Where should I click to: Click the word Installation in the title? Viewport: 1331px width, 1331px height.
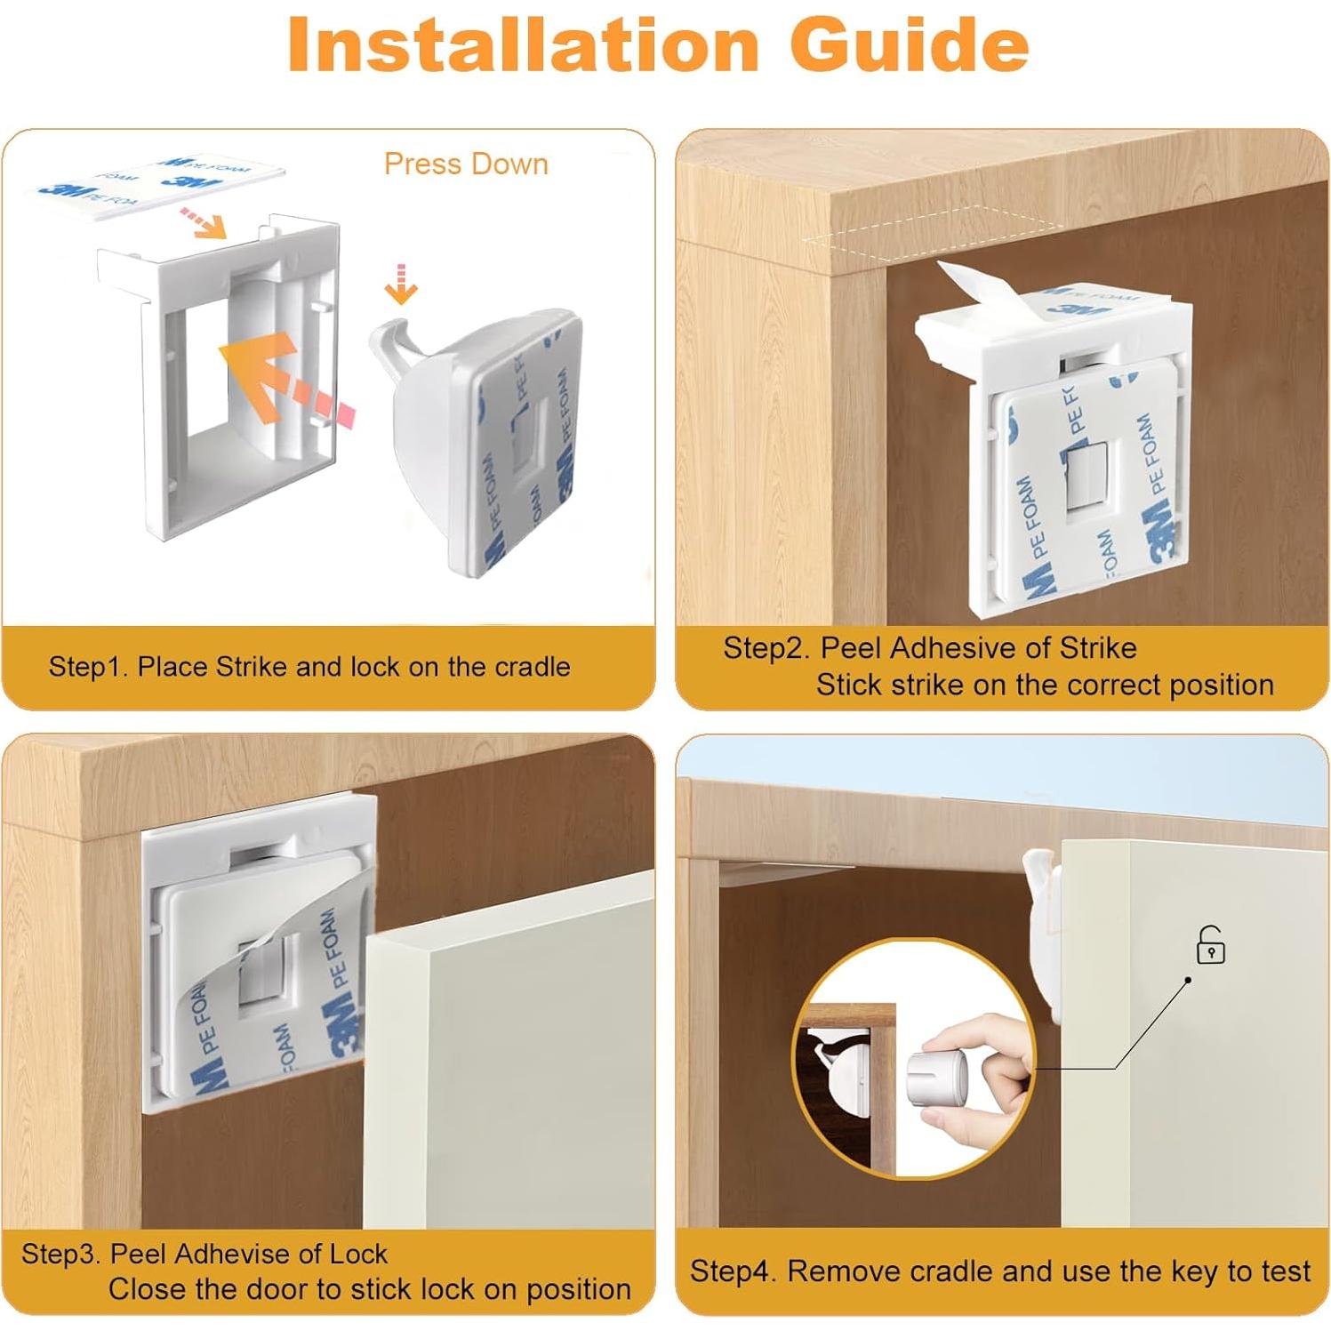pyautogui.click(x=523, y=44)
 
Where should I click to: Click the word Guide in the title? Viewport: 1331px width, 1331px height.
pyautogui.click(x=910, y=44)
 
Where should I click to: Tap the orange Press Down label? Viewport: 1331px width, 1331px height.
pyautogui.click(x=466, y=164)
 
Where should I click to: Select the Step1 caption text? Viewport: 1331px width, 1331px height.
pyautogui.click(x=309, y=666)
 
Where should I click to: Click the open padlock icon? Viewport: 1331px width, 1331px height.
pyautogui.click(x=1210, y=944)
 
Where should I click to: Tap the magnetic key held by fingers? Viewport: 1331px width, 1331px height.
pyautogui.click(x=934, y=1076)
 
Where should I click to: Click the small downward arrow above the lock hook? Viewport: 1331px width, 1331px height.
pyautogui.click(x=401, y=284)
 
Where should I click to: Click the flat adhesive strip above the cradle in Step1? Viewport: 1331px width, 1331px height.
pyautogui.click(x=162, y=182)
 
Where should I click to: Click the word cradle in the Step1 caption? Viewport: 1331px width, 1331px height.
pyautogui.click(x=525, y=666)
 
